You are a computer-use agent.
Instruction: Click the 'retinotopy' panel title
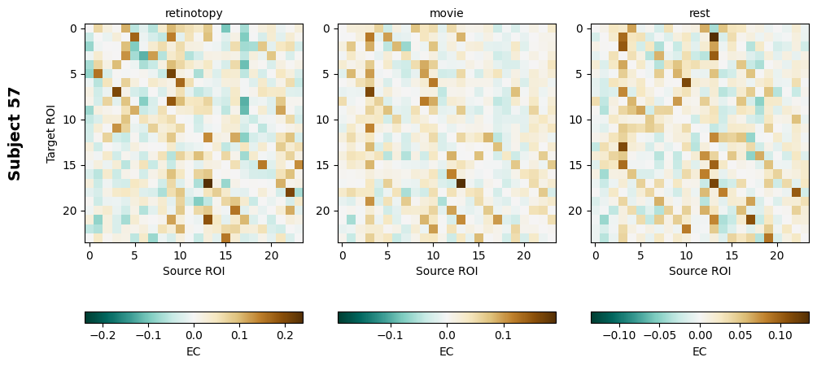click(194, 13)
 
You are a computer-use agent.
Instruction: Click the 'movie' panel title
click(447, 13)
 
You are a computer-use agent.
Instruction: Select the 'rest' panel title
click(700, 13)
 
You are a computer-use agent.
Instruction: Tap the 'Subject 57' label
click(15, 133)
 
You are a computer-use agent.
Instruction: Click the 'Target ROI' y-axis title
click(51, 133)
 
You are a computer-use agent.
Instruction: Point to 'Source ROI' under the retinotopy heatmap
click(194, 271)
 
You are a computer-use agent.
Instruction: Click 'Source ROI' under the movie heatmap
click(447, 271)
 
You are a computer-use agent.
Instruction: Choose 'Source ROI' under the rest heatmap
click(700, 271)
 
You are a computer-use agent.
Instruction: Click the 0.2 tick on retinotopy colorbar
click(284, 334)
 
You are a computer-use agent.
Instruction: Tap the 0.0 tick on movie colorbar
click(447, 334)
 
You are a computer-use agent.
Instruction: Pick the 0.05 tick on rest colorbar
click(740, 334)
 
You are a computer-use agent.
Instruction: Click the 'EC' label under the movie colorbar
click(447, 351)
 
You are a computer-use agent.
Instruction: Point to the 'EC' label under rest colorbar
click(700, 351)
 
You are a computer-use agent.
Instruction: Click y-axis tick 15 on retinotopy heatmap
click(74, 165)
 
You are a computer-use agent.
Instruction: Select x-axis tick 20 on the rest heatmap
click(777, 255)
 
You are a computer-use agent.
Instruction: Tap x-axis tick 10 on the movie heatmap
click(433, 255)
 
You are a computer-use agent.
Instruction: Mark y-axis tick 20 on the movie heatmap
click(327, 211)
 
